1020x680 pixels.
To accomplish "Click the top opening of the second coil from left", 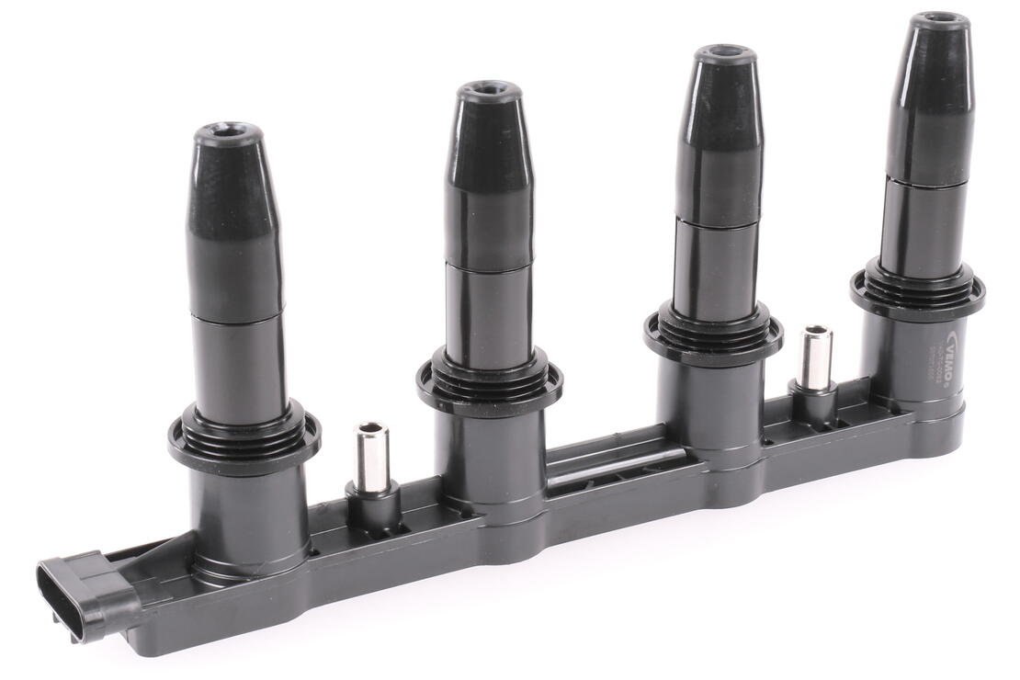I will [x=490, y=91].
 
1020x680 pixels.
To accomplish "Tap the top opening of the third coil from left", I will [x=725, y=53].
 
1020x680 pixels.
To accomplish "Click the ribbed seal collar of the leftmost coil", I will [x=244, y=439].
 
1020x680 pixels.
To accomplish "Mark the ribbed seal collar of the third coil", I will [x=713, y=331].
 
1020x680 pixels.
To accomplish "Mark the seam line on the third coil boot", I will [x=718, y=221].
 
